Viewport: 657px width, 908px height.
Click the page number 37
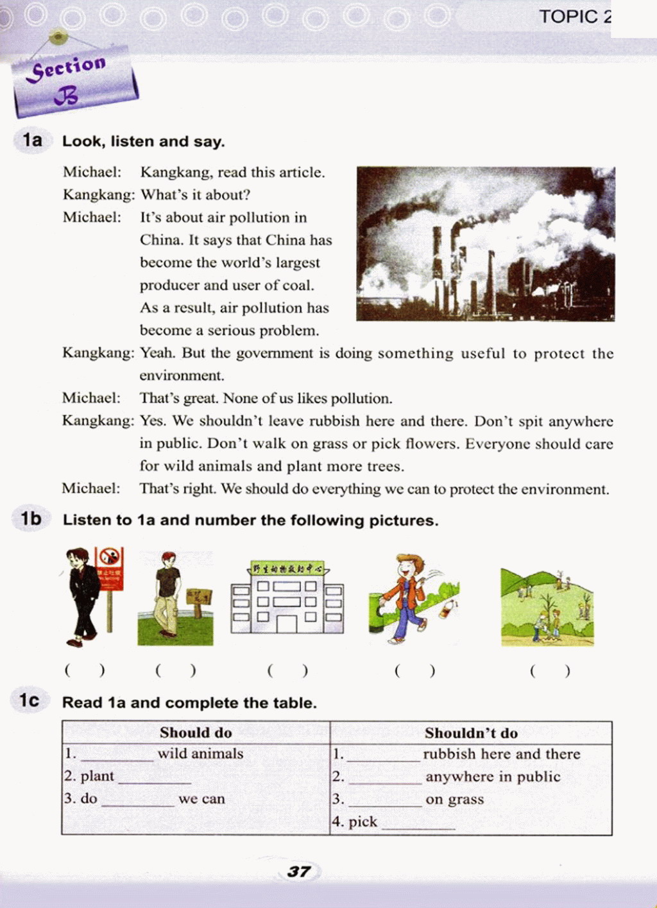[x=299, y=871]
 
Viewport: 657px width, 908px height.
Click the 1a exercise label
[x=32, y=140]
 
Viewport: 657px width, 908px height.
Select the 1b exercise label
[x=31, y=518]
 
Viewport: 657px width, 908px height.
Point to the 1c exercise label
[x=30, y=701]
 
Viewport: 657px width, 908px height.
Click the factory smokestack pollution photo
[x=485, y=244]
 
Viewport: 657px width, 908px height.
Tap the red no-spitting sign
[x=110, y=567]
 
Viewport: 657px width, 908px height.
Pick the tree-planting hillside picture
[x=547, y=606]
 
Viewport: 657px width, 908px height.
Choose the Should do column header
[x=196, y=733]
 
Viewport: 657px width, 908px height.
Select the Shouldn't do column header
[x=471, y=733]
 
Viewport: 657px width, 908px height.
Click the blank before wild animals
[x=117, y=756]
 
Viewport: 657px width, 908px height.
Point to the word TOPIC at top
[x=568, y=17]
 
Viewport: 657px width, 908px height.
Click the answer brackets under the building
[x=287, y=671]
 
